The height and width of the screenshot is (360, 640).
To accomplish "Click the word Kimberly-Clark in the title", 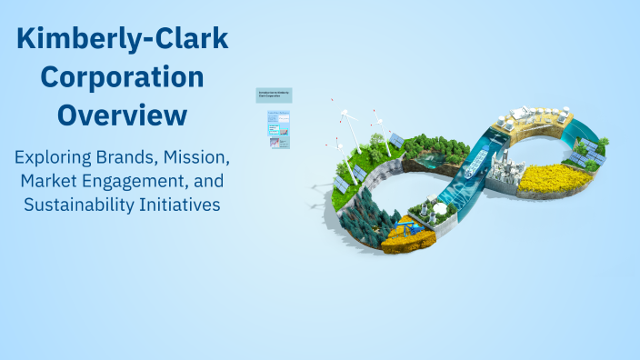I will (123, 39).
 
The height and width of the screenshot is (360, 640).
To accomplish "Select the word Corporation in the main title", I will (123, 77).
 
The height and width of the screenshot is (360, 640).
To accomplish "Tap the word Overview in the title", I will (123, 115).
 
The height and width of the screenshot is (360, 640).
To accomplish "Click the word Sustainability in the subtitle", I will (80, 205).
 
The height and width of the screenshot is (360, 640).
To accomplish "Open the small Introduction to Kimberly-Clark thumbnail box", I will (274, 95).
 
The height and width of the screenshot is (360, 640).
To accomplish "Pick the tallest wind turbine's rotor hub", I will (350, 117).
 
